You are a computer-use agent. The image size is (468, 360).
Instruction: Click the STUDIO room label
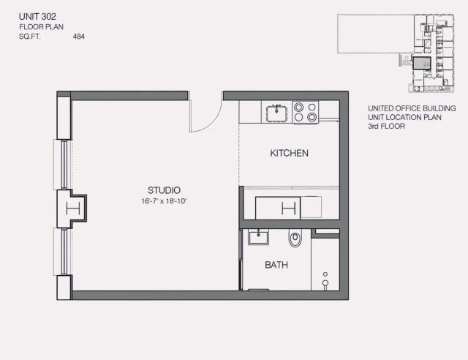click(x=164, y=190)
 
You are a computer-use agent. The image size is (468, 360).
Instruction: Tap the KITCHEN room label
click(x=289, y=154)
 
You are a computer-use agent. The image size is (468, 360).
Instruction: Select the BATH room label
click(x=276, y=265)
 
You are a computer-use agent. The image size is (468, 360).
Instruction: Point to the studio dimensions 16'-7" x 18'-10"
click(x=165, y=201)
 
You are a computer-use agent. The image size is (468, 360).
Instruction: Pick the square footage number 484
click(x=79, y=35)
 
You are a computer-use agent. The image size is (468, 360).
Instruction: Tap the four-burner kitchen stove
click(x=306, y=111)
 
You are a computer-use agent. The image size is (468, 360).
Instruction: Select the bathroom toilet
click(x=295, y=238)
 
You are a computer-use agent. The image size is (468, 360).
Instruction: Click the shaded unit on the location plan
click(x=420, y=62)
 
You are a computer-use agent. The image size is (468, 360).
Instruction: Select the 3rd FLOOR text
click(x=387, y=127)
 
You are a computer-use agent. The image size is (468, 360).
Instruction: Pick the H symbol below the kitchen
click(x=288, y=208)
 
